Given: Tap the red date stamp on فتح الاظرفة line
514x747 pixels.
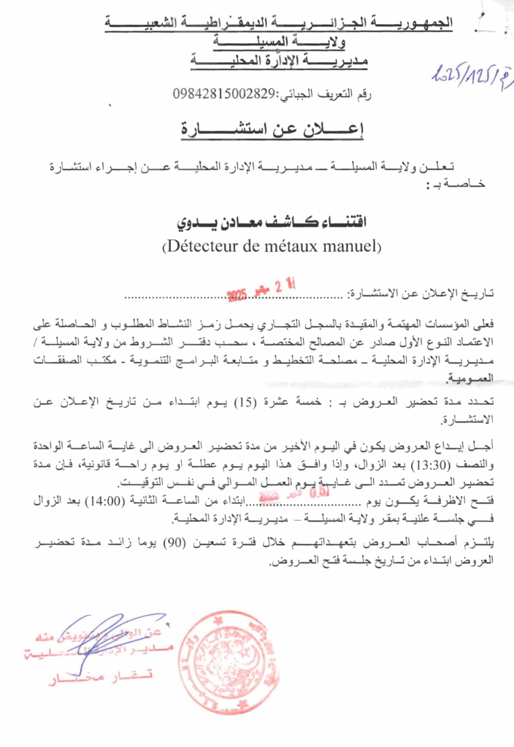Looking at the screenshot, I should (300, 495).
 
